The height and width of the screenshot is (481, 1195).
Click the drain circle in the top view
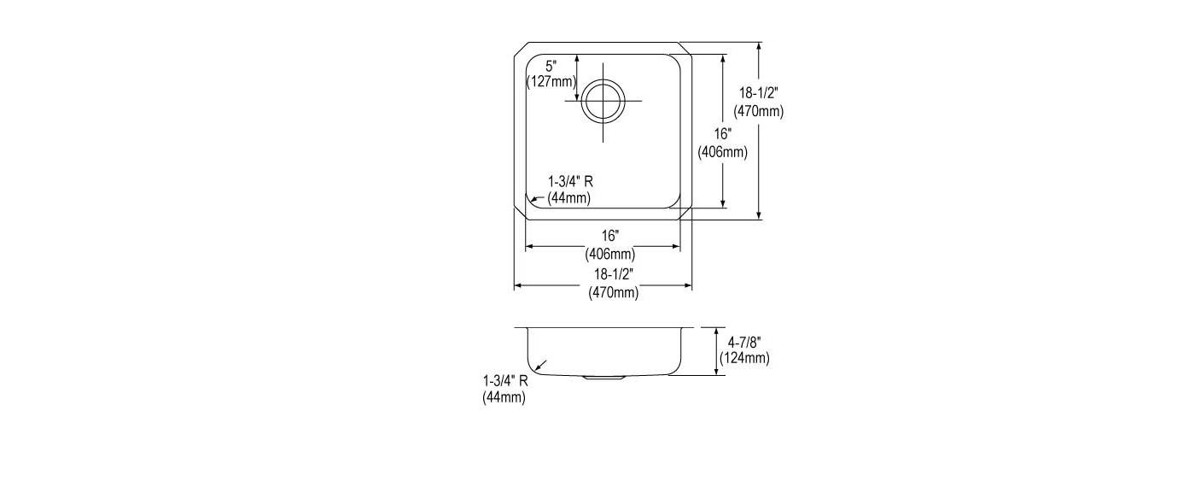tap(603, 80)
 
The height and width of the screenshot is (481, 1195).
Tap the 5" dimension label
tap(551, 66)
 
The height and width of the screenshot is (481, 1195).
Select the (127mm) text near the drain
tap(551, 82)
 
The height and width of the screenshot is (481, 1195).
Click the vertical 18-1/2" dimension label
tap(758, 93)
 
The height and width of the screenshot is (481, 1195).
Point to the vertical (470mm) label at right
tap(758, 112)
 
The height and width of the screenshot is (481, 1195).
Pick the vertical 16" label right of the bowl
tap(723, 134)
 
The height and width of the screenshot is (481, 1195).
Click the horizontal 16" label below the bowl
tap(610, 236)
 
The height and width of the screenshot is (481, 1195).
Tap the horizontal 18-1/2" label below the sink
tap(614, 274)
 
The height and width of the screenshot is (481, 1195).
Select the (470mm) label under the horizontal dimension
tap(614, 292)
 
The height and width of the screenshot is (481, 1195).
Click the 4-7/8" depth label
tap(744, 342)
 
